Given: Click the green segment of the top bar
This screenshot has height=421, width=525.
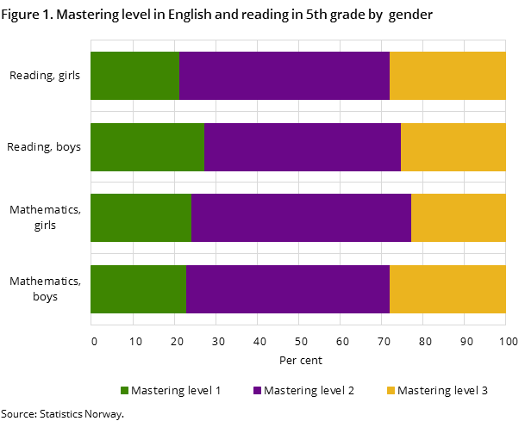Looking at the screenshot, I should click(134, 76).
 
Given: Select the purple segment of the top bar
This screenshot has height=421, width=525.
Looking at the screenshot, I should click(284, 76).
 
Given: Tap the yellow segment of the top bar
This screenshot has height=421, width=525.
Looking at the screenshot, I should click(447, 76).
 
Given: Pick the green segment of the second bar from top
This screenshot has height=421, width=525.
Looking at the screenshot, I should click(147, 147).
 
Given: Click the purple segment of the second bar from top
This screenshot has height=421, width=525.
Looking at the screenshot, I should click(303, 147).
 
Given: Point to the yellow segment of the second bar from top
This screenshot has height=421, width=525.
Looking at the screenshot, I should click(453, 147).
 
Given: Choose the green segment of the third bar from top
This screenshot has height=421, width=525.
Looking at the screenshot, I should click(141, 218).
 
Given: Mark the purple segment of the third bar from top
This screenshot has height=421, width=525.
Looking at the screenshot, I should click(301, 218).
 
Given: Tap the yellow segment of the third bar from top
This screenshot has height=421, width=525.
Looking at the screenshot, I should click(458, 218).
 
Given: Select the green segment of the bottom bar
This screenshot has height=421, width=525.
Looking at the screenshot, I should click(138, 289).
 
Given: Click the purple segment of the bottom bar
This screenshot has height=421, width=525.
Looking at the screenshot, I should click(288, 289).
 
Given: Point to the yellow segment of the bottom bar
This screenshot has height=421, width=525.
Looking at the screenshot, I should click(447, 289).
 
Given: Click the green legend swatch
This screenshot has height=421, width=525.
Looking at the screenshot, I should click(124, 391).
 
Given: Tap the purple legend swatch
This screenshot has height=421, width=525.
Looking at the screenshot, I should click(257, 391).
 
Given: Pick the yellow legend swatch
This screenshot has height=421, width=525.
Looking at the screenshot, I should click(391, 391).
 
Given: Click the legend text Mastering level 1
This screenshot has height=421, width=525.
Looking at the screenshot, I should click(176, 391).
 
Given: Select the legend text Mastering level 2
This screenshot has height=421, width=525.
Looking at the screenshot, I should click(309, 391).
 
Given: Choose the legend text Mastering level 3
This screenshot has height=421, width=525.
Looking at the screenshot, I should click(442, 391).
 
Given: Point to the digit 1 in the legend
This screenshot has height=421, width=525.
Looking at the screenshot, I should click(218, 391).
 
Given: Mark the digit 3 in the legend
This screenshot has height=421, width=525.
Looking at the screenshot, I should click(484, 391).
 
